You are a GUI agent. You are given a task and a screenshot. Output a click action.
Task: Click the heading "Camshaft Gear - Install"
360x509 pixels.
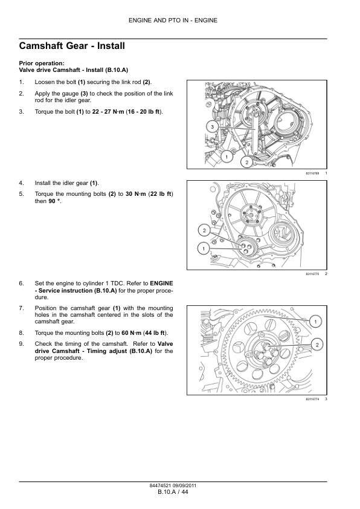[x=72, y=46]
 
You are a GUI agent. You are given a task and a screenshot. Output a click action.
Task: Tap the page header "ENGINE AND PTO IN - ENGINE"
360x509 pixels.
[x=173, y=21]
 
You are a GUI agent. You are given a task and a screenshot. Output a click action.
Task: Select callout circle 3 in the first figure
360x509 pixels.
[x=212, y=126]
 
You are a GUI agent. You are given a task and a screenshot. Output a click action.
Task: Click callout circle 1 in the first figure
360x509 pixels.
[x=227, y=157]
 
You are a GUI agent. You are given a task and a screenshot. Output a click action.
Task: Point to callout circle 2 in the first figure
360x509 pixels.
[x=246, y=162]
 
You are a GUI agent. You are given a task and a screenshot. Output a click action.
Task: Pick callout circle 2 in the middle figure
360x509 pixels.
[x=204, y=231]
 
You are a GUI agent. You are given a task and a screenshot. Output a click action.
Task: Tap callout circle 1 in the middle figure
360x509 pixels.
[x=204, y=248]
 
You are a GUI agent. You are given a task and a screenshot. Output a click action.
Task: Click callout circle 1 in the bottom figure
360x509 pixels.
[x=315, y=322]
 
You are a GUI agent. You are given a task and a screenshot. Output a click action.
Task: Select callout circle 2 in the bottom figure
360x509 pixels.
[x=317, y=345]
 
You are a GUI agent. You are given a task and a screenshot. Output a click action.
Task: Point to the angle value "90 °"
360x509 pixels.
[x=54, y=201]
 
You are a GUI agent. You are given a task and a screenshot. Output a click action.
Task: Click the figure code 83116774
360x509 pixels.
[x=312, y=399]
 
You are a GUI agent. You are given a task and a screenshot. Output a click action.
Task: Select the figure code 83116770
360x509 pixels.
[x=312, y=274]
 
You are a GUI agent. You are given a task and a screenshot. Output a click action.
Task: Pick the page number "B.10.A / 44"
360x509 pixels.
[x=173, y=492]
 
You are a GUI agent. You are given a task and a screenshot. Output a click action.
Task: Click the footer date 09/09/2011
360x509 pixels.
[x=185, y=485]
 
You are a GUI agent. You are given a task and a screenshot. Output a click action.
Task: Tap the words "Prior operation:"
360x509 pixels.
[x=42, y=63]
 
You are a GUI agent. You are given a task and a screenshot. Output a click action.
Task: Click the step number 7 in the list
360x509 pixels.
[x=21, y=308]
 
